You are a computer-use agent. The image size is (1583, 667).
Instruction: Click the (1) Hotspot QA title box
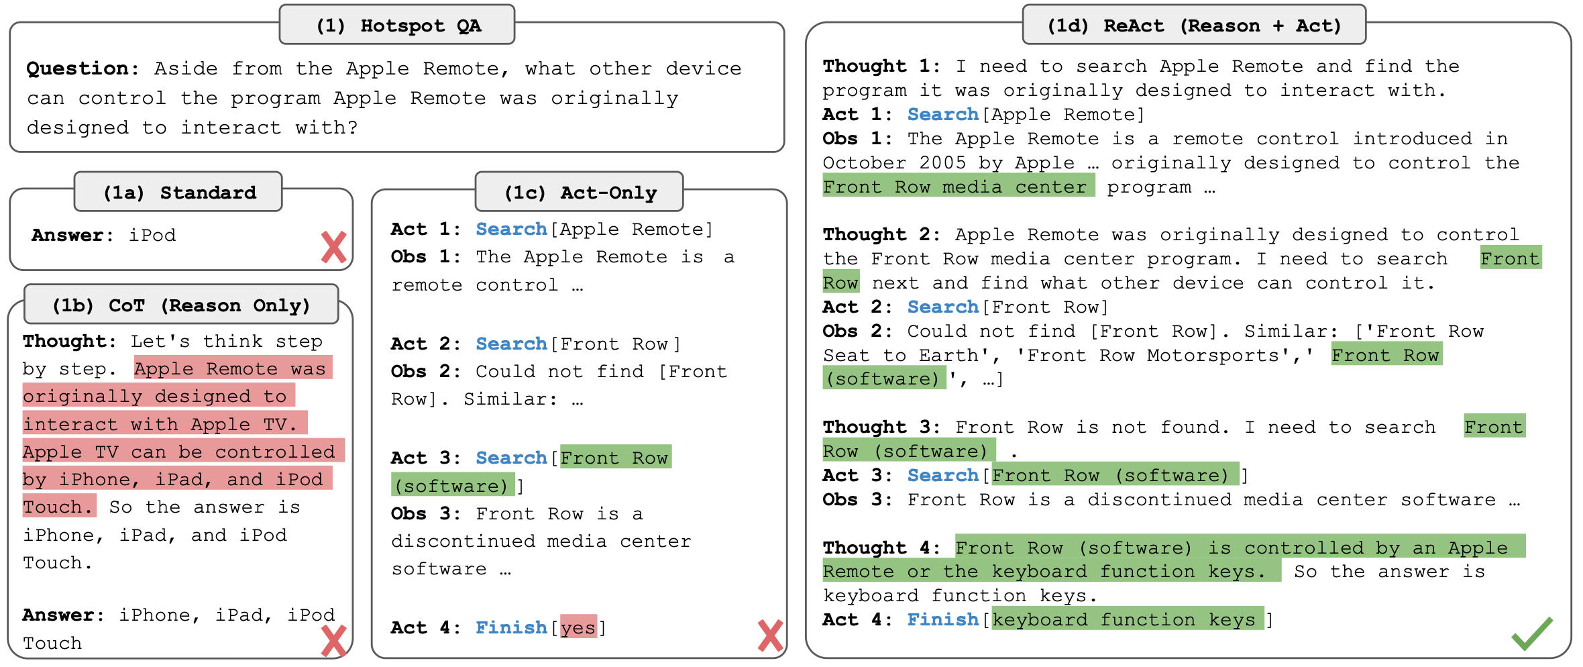pos(397,25)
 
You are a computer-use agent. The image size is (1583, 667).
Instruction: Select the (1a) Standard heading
pos(178,193)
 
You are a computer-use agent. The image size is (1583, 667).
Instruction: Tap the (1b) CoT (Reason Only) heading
pos(181,305)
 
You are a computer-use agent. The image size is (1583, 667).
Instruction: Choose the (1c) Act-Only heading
pos(580,193)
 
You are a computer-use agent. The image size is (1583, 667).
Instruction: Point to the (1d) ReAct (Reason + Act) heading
pos(1194,25)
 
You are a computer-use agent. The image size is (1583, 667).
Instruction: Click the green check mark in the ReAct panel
pos(1532,633)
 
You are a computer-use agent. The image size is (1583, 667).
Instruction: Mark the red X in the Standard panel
pos(333,247)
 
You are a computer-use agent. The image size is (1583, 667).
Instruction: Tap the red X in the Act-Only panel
pos(770,635)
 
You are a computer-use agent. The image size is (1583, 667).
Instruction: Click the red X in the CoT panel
pos(333,641)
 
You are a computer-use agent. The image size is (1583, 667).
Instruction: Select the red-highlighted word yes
pos(578,627)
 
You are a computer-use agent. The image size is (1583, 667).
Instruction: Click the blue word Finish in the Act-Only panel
pos(511,627)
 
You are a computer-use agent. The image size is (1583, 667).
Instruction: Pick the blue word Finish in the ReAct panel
pos(943,619)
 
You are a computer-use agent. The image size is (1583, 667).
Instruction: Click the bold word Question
pos(77,69)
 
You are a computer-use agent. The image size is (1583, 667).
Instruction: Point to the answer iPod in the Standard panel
pos(152,236)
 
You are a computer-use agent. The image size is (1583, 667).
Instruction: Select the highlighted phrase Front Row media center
pos(959,186)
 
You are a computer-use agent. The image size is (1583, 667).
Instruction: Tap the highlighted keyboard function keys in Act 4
pos(1128,619)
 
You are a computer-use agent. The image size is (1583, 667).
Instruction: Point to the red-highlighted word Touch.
pos(59,506)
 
